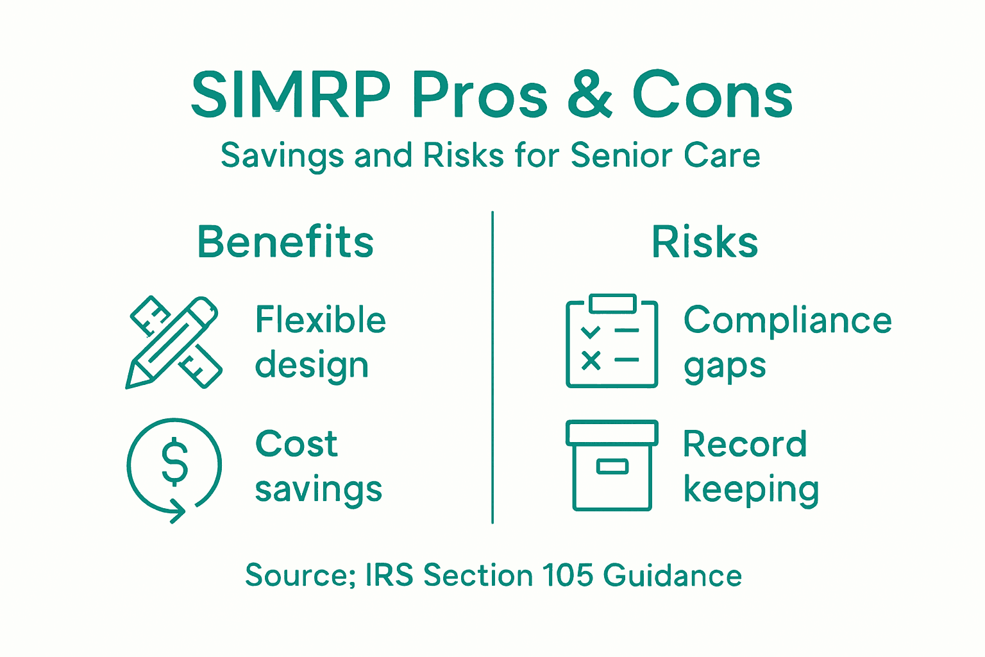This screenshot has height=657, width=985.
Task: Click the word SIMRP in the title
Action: point(290,96)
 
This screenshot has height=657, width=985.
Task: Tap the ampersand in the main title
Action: point(589,96)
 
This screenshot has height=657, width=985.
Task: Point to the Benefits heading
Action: point(285,242)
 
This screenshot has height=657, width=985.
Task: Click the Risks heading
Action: point(705,242)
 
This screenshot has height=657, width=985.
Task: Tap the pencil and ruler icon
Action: point(174,342)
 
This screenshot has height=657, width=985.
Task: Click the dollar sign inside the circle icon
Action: point(174,461)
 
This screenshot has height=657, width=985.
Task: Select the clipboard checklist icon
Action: point(612,341)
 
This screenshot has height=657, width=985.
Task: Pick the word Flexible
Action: point(321,320)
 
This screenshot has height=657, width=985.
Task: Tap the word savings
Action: point(319,490)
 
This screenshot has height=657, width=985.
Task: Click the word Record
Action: point(745,444)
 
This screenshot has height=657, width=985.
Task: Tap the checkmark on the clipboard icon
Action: point(591,332)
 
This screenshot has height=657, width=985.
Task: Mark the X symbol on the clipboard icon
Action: point(591,361)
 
